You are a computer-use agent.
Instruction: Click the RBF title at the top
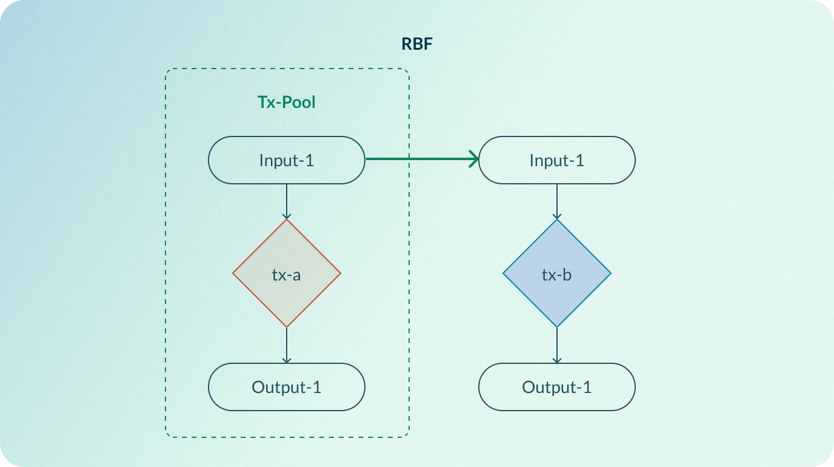(x=417, y=44)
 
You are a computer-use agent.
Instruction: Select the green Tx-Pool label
(x=287, y=102)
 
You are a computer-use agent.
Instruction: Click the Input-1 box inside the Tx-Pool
(x=287, y=160)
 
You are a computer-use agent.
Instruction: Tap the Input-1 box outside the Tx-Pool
(x=557, y=160)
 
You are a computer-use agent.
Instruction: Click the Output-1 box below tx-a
(x=287, y=387)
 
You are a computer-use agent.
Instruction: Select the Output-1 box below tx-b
(x=557, y=387)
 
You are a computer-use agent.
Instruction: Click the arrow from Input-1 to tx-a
(x=287, y=200)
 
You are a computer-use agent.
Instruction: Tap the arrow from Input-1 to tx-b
(x=557, y=200)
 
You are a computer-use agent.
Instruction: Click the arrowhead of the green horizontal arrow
(x=475, y=160)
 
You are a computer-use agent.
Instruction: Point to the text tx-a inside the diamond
(x=287, y=275)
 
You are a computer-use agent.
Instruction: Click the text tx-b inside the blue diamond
(x=557, y=275)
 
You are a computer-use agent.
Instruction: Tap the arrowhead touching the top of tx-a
(x=287, y=216)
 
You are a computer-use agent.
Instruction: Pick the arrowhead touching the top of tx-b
(x=557, y=216)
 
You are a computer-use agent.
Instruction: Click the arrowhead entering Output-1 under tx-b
(x=557, y=360)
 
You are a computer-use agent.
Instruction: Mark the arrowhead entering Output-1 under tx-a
(x=287, y=360)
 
